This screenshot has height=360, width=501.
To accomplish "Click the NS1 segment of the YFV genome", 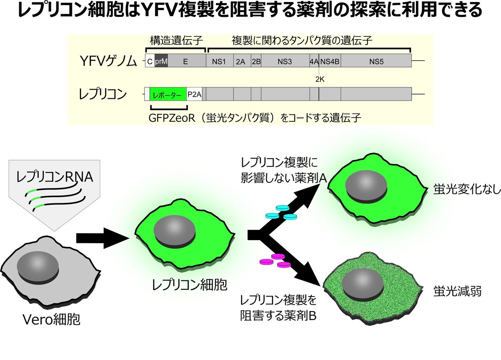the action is coord(220,60).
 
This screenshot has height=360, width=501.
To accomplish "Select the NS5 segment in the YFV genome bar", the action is coord(376,60).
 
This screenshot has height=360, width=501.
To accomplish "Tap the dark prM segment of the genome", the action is coord(161,60).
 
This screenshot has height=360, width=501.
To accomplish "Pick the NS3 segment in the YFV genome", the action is coord(285,60).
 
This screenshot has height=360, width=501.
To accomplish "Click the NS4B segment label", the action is coord(330,62).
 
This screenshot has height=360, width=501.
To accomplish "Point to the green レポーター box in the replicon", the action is coord(168,94).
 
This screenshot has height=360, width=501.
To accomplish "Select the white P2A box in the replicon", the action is coord(195,94).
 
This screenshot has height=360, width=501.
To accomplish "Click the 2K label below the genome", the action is coord(320,79).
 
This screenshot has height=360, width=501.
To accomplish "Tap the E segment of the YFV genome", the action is coord(187,60).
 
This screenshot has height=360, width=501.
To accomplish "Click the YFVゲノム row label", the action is coord(108,61).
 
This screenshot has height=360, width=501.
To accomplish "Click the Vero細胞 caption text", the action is coord(51,320).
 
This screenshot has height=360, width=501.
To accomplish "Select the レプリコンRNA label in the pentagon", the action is coord(54,177).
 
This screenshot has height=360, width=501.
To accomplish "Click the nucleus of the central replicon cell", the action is coord(175,233).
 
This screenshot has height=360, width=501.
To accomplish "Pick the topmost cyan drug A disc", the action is coord(283,208).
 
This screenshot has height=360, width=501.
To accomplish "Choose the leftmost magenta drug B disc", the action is coord(267,262).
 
